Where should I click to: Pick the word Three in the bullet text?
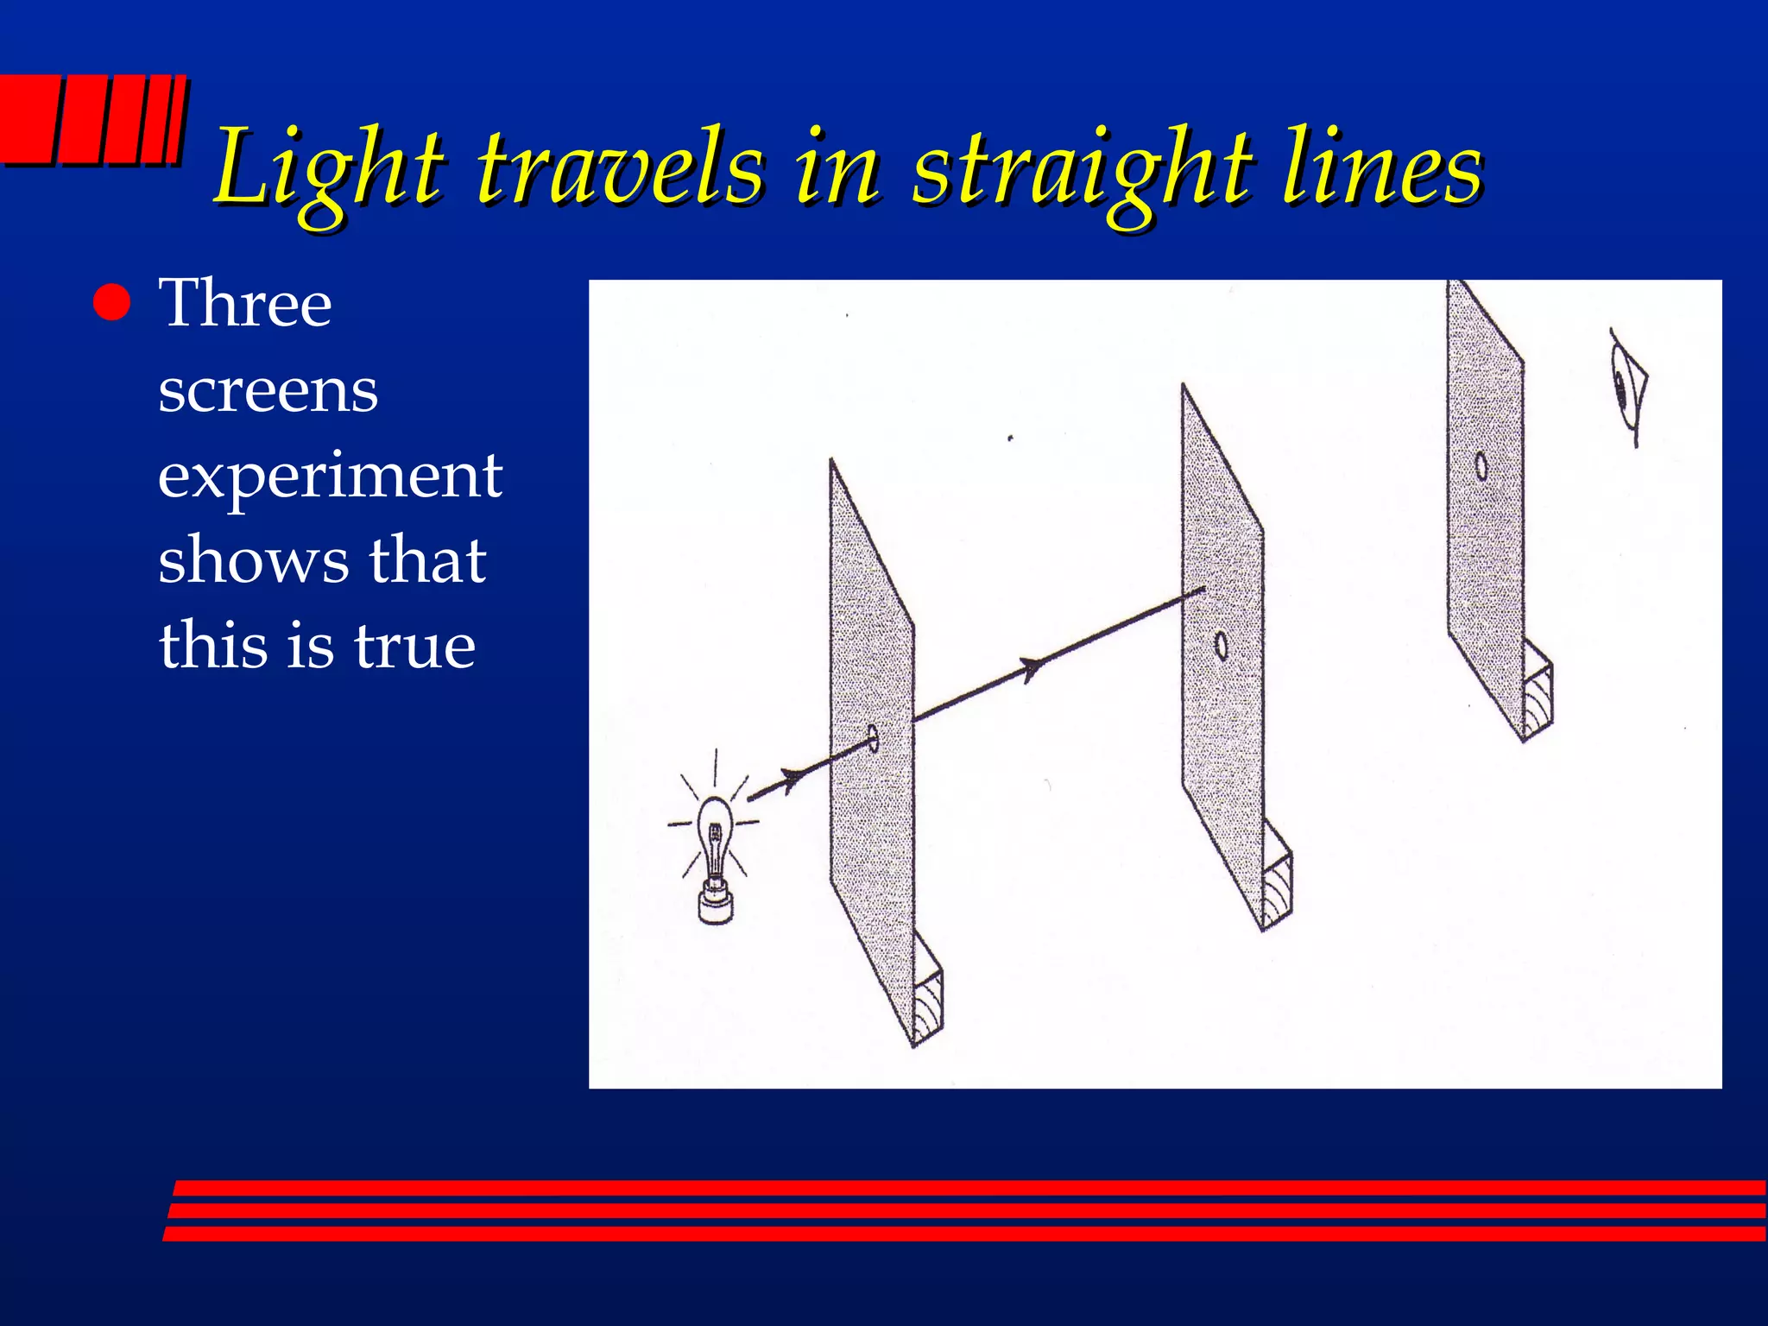(x=245, y=304)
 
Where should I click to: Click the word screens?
(x=268, y=390)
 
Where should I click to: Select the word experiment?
(x=330, y=477)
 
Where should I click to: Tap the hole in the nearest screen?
(x=873, y=738)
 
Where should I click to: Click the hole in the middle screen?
(x=1221, y=645)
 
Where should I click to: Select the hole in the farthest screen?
(x=1481, y=467)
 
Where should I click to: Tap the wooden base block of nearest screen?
(x=929, y=1006)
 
